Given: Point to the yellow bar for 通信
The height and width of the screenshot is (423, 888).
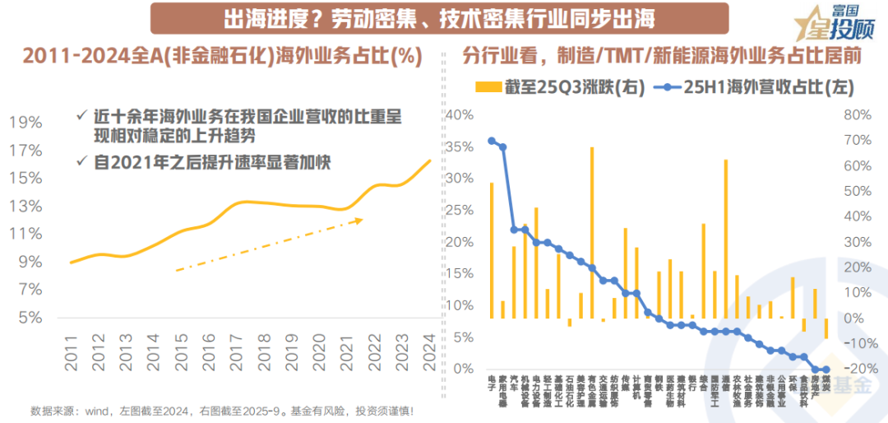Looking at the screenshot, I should pyautogui.click(x=725, y=239).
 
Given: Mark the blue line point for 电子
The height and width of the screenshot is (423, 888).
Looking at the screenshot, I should pyautogui.click(x=492, y=141).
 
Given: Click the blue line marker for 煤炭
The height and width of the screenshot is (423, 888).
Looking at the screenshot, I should pyautogui.click(x=826, y=370).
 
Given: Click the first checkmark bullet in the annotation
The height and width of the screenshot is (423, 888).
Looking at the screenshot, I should pyautogui.click(x=80, y=116).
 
